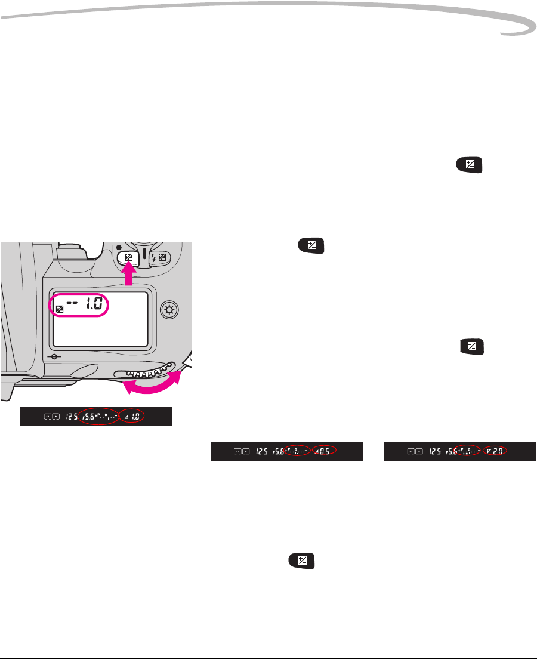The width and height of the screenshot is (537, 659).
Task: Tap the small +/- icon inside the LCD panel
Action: tap(59, 309)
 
